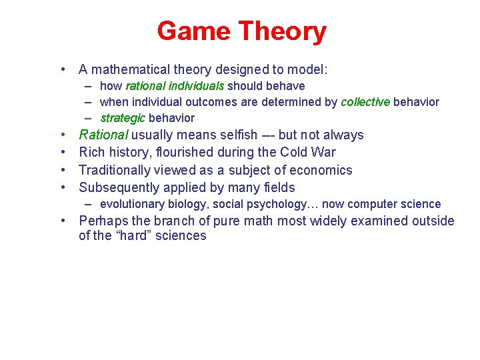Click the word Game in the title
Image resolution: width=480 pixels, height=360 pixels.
194,31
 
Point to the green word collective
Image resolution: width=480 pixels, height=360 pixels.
365,102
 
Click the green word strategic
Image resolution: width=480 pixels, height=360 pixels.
123,118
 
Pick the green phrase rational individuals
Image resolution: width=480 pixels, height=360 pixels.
175,86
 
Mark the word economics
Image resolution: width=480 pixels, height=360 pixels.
321,170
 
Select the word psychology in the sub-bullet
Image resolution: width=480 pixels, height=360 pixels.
275,204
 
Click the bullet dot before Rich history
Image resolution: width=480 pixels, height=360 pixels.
62,153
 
